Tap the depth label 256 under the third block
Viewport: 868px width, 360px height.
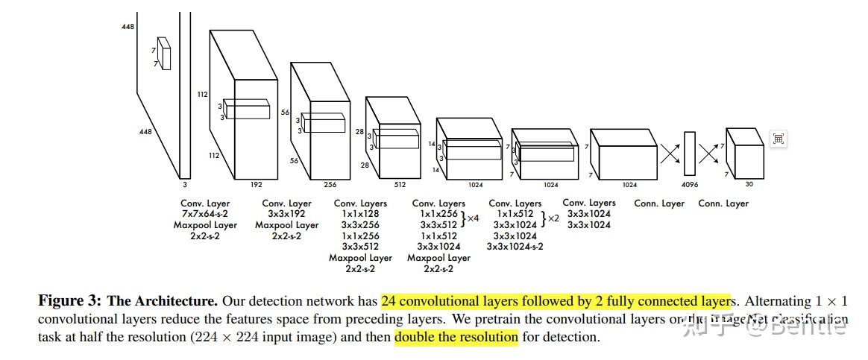coord(330,183)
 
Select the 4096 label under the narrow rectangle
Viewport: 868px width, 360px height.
coord(690,184)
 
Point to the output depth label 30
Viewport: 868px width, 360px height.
coord(748,184)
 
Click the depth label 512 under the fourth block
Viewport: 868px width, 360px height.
coord(400,183)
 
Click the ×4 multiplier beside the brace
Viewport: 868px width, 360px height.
coord(472,218)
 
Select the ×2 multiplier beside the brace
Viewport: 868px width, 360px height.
coord(553,218)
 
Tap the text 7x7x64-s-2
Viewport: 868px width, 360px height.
coord(205,214)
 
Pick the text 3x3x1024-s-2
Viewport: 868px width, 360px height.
coord(515,246)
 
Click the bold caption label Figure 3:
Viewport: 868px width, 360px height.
coord(69,302)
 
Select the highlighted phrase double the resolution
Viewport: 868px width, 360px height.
coord(456,337)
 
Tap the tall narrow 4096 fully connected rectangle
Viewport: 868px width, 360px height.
coord(690,154)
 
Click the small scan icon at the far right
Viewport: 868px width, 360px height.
coord(779,139)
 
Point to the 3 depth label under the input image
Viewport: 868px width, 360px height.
coord(184,183)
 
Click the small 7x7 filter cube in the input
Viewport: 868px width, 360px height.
coord(163,54)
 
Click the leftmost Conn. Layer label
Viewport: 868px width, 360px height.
coord(659,203)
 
